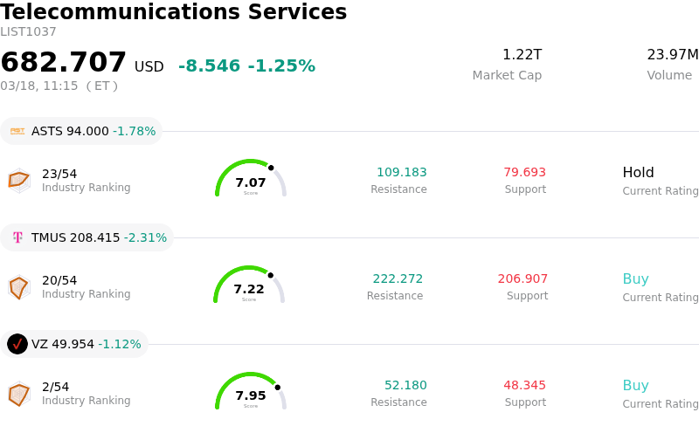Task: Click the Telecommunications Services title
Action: [174, 13]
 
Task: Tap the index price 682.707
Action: [64, 63]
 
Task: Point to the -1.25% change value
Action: [281, 66]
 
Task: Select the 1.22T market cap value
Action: [522, 55]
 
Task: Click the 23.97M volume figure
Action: [672, 55]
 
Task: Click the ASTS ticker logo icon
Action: [17, 131]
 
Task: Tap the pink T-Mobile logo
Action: [17, 237]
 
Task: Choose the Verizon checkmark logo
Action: [17, 344]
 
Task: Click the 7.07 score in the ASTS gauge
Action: [251, 182]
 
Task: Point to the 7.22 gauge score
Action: [249, 289]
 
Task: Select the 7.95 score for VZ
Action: [251, 395]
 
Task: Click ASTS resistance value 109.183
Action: [401, 173]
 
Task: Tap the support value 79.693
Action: [524, 173]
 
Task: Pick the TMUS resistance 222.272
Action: [398, 279]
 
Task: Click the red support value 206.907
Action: [523, 279]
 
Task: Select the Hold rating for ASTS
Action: [638, 173]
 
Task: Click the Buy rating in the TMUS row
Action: [635, 279]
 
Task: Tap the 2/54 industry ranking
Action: [55, 387]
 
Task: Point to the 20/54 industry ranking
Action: [59, 280]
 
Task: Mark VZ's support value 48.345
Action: [524, 386]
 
